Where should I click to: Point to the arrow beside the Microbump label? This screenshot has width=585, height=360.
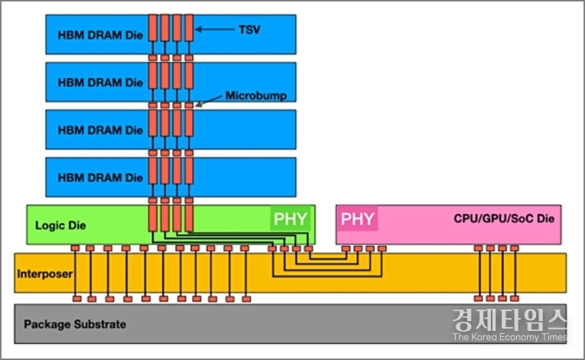(x=210, y=100)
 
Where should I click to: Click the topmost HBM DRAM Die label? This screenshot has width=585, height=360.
(x=100, y=35)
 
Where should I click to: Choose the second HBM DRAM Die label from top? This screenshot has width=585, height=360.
(x=100, y=83)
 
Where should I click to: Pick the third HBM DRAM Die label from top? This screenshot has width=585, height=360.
(x=100, y=130)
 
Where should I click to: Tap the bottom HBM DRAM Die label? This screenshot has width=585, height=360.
(x=100, y=177)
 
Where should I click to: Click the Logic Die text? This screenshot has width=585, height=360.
(x=60, y=225)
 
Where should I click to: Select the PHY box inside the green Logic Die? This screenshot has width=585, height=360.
(x=291, y=219)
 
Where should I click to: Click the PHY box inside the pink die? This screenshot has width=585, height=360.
(x=358, y=219)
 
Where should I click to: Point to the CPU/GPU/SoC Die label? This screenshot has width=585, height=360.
(x=503, y=219)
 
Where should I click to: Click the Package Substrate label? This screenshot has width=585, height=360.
(x=74, y=324)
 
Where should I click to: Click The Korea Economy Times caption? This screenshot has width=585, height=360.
(x=509, y=337)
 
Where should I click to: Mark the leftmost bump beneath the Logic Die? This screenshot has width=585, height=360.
(x=75, y=248)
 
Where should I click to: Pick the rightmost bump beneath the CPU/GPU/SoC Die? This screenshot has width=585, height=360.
(x=515, y=248)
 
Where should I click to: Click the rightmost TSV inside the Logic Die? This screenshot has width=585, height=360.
(x=189, y=218)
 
